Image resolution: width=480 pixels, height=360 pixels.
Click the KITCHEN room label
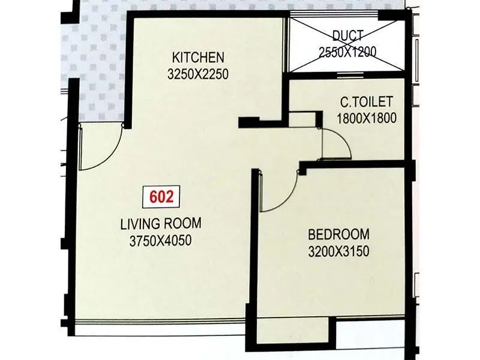click(x=198, y=58)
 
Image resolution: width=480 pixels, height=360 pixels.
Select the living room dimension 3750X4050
click(x=161, y=241)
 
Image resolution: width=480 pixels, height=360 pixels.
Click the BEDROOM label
click(x=339, y=233)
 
